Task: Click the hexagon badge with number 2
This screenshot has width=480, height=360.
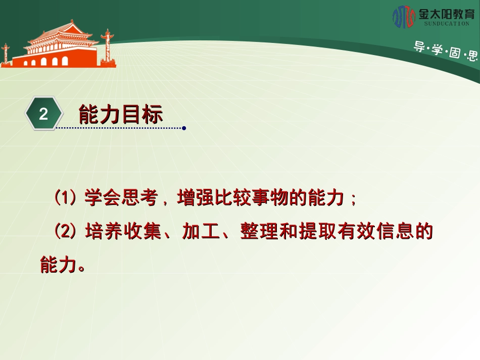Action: pos(43,114)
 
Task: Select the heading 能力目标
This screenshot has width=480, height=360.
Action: pos(121,115)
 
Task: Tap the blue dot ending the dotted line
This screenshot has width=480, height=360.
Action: pos(184,128)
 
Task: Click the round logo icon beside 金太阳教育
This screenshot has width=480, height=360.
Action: pos(404,17)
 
